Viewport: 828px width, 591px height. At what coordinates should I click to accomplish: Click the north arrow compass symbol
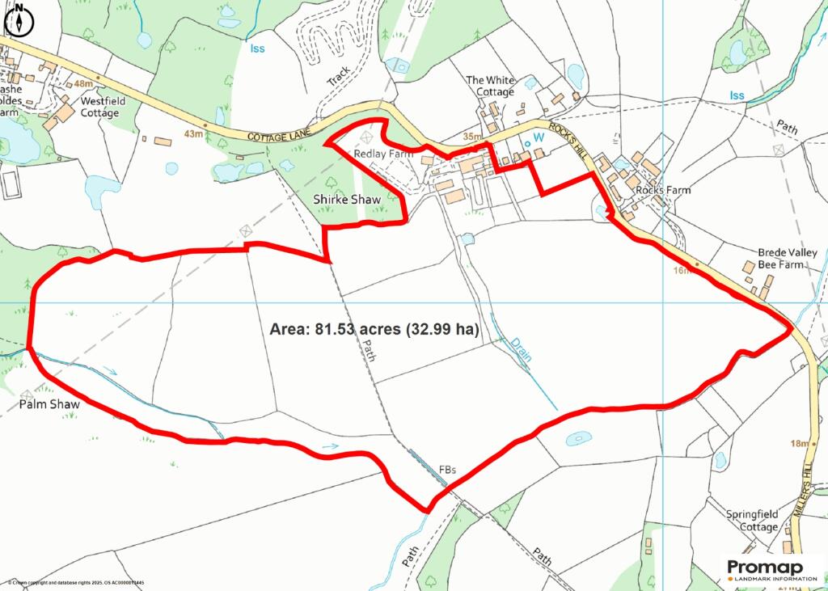tap(19, 19)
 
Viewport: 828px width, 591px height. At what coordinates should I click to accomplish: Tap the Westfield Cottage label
tap(99, 108)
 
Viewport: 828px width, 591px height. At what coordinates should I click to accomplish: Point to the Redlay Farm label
tap(383, 153)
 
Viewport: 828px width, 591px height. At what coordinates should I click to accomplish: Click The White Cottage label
tap(490, 86)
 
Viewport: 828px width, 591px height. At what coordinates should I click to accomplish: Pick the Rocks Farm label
tap(663, 190)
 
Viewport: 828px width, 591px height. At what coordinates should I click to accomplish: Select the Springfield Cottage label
tap(751, 520)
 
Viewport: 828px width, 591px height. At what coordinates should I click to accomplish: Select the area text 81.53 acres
tap(374, 330)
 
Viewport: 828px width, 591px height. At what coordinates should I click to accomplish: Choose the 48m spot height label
tap(82, 84)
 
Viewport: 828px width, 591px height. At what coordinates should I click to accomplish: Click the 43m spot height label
tap(192, 133)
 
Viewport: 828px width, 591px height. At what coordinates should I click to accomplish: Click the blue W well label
tap(534, 138)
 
